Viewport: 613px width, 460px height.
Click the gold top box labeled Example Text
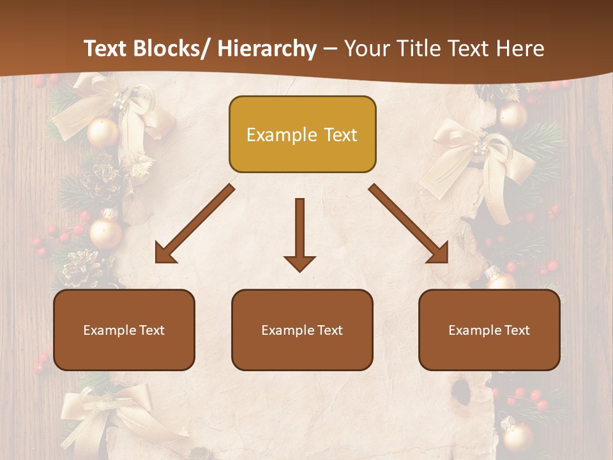pyautogui.click(x=302, y=134)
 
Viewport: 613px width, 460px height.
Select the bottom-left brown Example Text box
pyautogui.click(x=124, y=330)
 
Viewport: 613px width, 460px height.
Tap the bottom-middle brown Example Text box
pyautogui.click(x=302, y=330)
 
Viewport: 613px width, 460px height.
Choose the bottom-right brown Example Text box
pyautogui.click(x=489, y=330)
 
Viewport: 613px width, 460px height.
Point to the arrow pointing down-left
pyautogui.click(x=194, y=224)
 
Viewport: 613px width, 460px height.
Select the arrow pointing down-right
pyautogui.click(x=409, y=224)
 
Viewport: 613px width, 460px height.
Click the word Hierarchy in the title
pyautogui.click(x=267, y=49)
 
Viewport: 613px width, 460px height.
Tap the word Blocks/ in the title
pyautogui.click(x=172, y=49)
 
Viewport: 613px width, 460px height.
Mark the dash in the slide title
pyautogui.click(x=330, y=50)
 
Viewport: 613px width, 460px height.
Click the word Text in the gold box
pyautogui.click(x=340, y=135)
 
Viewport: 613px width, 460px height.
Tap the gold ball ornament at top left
pyautogui.click(x=103, y=132)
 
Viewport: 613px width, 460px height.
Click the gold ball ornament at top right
pyautogui.click(x=513, y=116)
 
